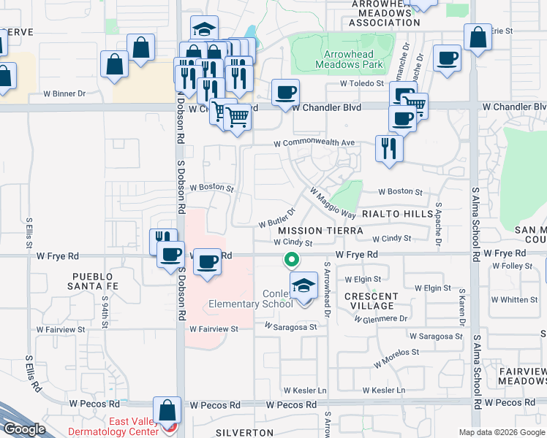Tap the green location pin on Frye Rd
pos(291,259)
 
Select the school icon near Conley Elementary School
pos(303,285)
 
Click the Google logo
pos(24,429)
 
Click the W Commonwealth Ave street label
pos(314,142)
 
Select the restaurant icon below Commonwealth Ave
pos(388,148)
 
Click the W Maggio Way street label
pos(333,204)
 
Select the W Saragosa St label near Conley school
pos(290,327)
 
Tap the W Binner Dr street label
pos(64,93)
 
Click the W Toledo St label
pos(361,84)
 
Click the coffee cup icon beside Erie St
pos(446,58)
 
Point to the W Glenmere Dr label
pos(380,319)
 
